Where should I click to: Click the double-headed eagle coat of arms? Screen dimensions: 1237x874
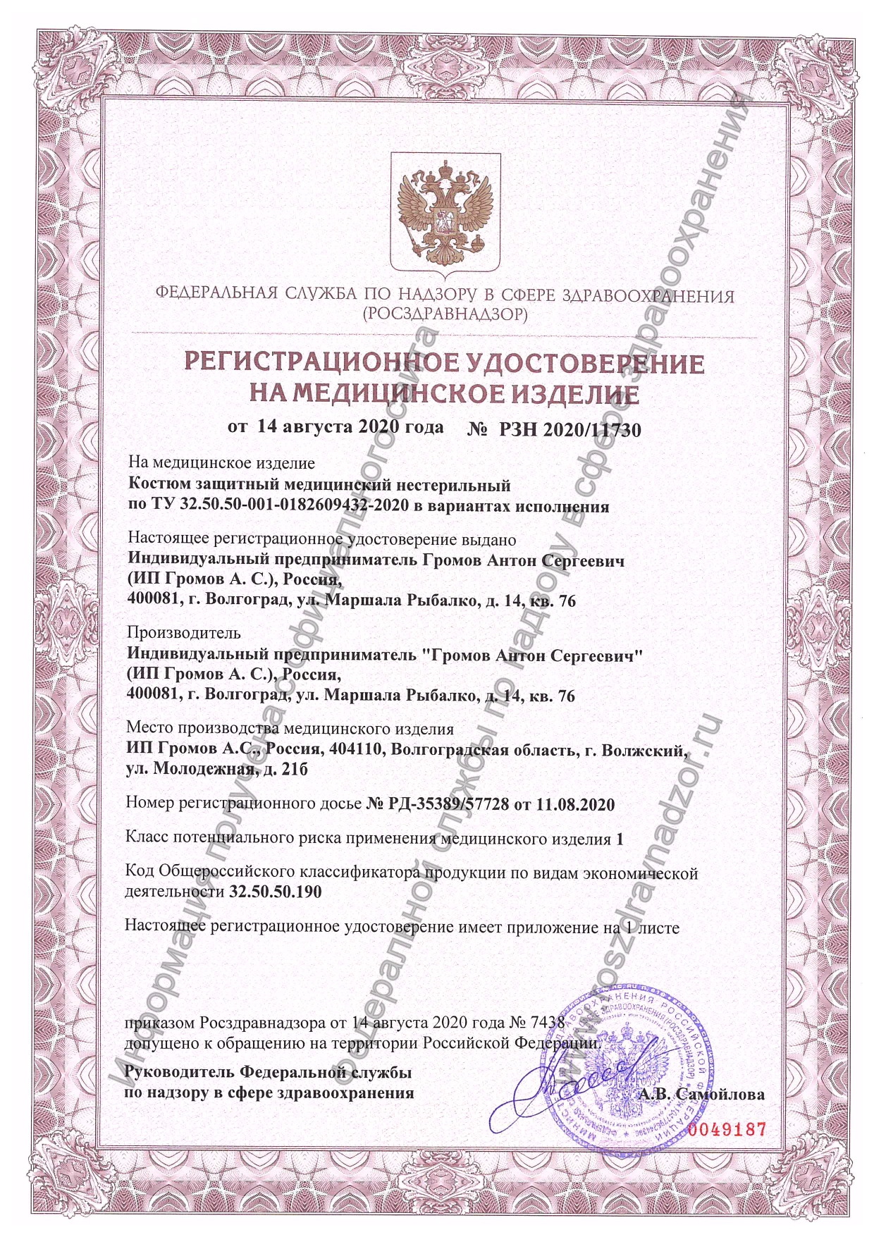(x=445, y=213)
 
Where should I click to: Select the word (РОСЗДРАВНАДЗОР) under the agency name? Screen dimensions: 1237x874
(x=444, y=313)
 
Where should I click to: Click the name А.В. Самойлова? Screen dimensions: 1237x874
(x=702, y=1095)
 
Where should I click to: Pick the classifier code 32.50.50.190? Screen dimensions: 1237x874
(x=276, y=892)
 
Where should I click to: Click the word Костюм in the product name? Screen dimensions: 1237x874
(x=157, y=485)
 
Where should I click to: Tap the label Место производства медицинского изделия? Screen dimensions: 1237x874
(x=290, y=728)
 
